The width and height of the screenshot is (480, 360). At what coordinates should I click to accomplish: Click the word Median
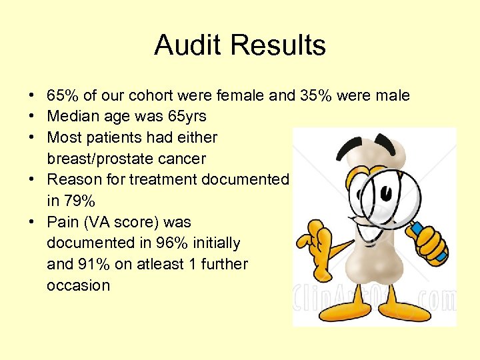71,116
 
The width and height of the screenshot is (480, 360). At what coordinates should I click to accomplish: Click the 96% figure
172,243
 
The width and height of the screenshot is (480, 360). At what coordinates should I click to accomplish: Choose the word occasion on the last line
78,285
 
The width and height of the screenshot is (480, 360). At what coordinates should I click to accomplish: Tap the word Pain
62,221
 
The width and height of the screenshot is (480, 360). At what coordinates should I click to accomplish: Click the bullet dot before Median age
32,117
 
